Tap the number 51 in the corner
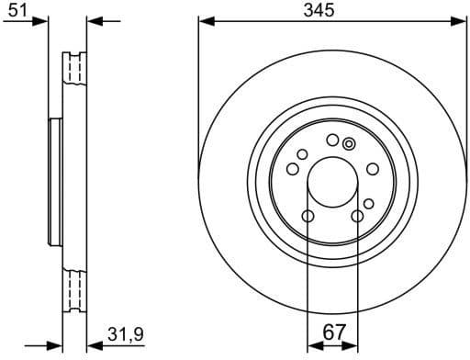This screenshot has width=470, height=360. pyautogui.click(x=15, y=10)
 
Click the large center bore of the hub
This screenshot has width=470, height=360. pyautogui.click(x=332, y=182)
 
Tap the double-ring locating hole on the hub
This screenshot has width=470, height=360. pyautogui.click(x=348, y=143)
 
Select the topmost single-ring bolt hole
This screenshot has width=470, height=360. pyautogui.click(x=331, y=140)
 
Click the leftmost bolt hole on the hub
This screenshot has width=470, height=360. pyautogui.click(x=291, y=169)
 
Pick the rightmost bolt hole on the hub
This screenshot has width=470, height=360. pyautogui.click(x=373, y=169)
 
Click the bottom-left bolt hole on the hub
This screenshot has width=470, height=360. pyautogui.click(x=308, y=217)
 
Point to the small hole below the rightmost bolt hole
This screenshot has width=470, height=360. pyautogui.click(x=368, y=203)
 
